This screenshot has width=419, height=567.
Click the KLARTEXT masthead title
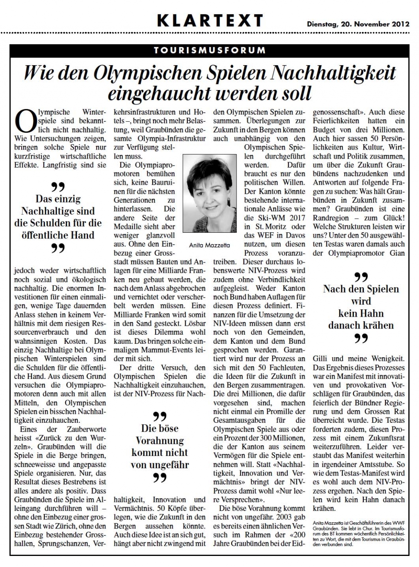[x=209, y=20]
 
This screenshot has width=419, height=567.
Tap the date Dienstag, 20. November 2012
[x=358, y=24]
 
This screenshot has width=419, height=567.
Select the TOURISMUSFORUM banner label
[x=209, y=50]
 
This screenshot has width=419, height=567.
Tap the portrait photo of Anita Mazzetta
[x=209, y=193]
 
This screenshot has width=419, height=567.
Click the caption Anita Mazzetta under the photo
[x=209, y=245]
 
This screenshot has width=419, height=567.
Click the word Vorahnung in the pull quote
[x=160, y=441]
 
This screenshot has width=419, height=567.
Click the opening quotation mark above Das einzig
[x=58, y=187]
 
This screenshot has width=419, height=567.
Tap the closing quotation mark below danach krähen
[x=361, y=338]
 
